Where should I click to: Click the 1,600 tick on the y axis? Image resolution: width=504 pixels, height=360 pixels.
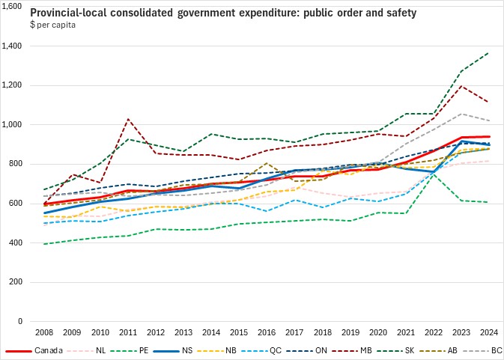14,7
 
